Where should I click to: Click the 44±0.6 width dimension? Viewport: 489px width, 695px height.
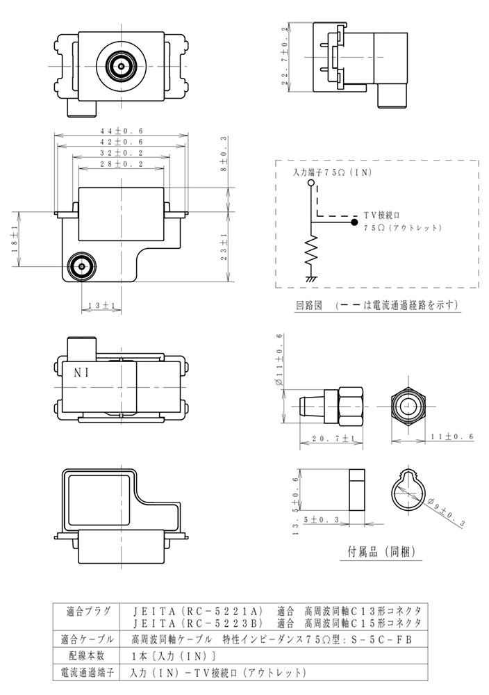point(122,130)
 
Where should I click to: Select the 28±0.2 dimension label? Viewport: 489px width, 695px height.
point(122,164)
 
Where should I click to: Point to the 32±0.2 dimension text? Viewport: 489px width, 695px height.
point(122,152)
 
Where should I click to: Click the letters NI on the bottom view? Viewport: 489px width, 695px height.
point(82,372)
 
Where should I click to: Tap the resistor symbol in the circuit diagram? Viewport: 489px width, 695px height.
point(311,254)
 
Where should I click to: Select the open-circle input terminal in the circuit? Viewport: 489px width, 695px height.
point(311,183)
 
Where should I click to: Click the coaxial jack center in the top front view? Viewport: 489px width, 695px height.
point(122,66)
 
